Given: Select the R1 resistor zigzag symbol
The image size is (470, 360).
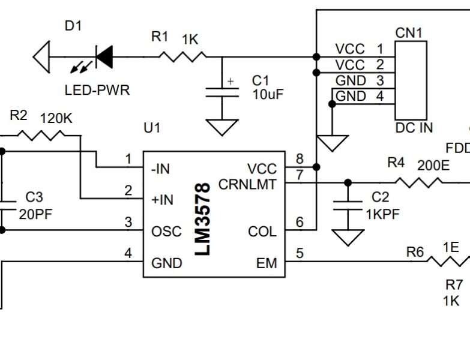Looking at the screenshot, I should pyautogui.click(x=182, y=57).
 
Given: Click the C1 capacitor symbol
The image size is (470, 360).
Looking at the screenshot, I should pyautogui.click(x=222, y=92).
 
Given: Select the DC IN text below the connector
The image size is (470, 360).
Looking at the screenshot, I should pyautogui.click(x=414, y=128).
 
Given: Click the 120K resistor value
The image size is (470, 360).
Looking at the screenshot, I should pyautogui.click(x=56, y=118).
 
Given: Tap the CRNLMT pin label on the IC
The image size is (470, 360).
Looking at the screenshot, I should pyautogui.click(x=247, y=184).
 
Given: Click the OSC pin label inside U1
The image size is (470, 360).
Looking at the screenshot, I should pyautogui.click(x=166, y=232).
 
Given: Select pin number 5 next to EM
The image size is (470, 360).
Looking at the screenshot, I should pyautogui.click(x=299, y=254).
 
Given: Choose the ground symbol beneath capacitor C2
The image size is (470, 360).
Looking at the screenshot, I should pyautogui.click(x=347, y=238).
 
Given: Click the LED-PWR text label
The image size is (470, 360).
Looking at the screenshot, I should pyautogui.click(x=97, y=91).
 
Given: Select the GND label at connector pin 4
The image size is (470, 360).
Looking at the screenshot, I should pyautogui.click(x=351, y=96).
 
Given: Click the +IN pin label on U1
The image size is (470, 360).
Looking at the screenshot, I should pyautogui.click(x=162, y=200).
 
